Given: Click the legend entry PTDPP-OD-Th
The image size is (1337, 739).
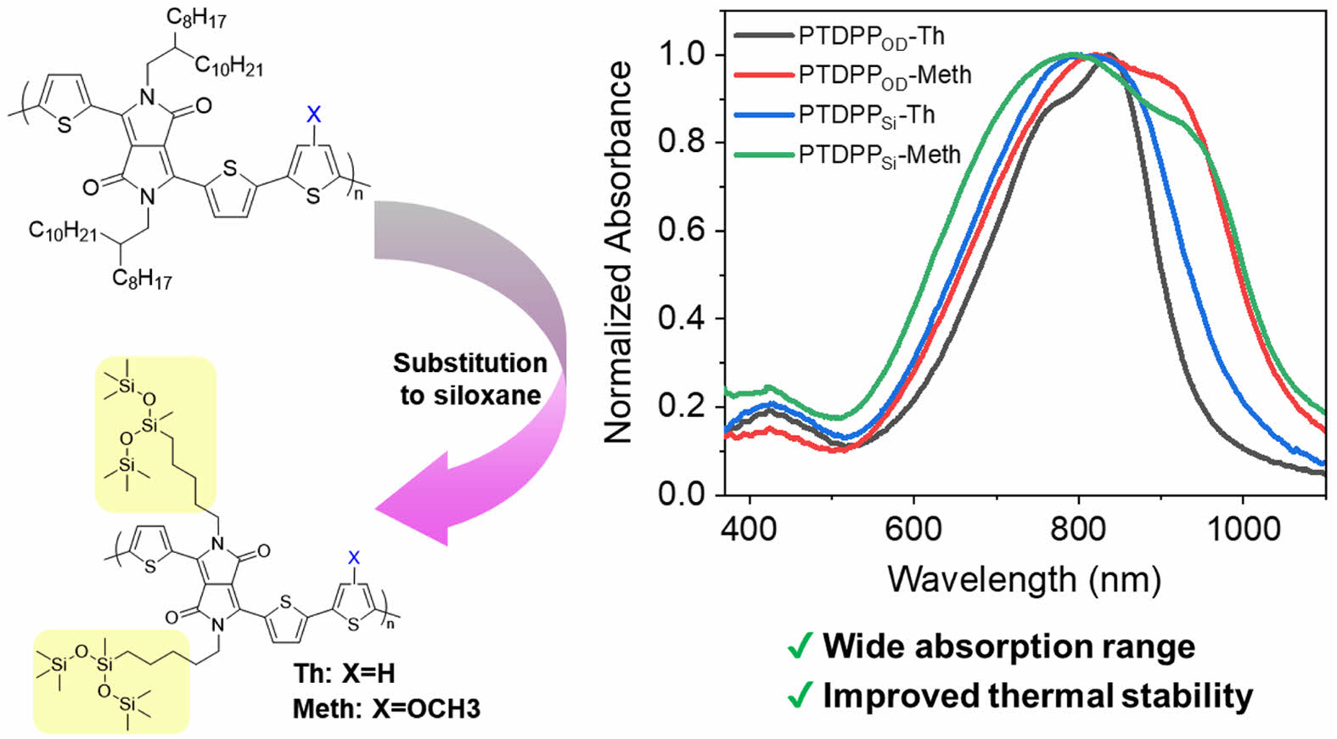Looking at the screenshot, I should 871,37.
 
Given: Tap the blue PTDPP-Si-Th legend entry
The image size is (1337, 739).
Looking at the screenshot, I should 867,115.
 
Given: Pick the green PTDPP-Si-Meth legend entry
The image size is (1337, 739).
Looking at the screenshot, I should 879,155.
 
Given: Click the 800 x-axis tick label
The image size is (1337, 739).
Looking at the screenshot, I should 1078,528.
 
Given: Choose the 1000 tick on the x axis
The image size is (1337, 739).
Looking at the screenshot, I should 1242,528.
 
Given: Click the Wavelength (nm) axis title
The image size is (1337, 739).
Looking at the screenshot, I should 1024,579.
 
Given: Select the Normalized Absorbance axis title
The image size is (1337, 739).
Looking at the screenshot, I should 619,251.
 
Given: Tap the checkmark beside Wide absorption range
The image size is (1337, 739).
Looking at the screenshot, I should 800,647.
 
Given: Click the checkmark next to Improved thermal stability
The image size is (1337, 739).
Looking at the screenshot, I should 800,697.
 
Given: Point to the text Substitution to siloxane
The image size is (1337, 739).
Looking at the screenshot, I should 470,379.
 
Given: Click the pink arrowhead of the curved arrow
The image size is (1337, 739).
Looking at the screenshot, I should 412,501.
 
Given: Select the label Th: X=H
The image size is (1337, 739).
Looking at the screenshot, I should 344,674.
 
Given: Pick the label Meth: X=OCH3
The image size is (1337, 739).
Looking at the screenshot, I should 386,708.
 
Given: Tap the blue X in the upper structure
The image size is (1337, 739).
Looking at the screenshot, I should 313,113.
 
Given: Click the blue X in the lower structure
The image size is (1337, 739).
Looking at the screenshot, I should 354,557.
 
